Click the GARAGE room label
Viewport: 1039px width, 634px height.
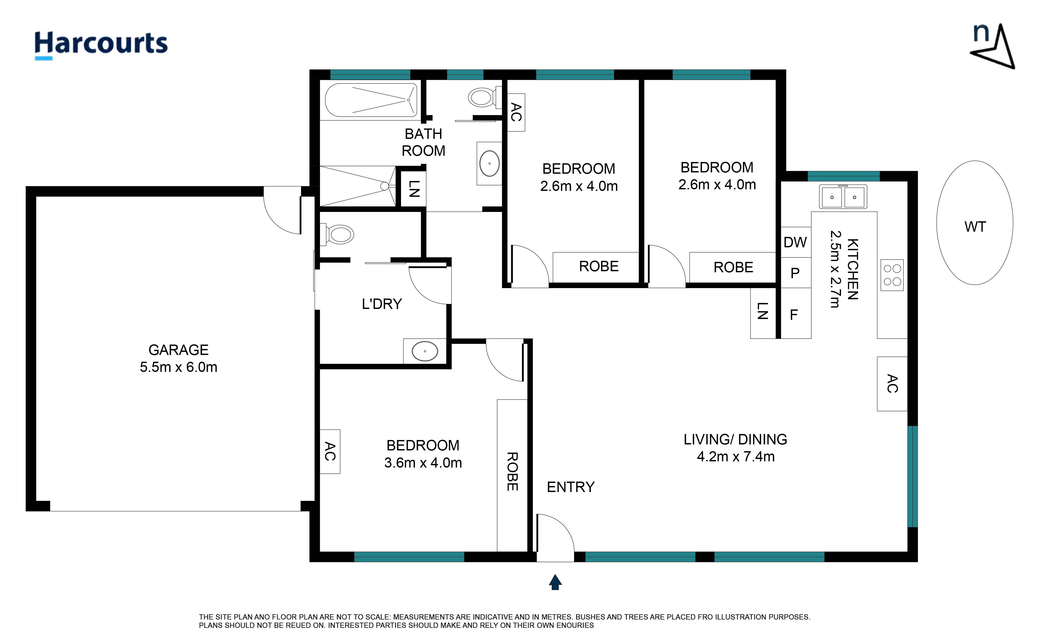[x=178, y=350]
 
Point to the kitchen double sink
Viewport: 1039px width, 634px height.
[x=843, y=197]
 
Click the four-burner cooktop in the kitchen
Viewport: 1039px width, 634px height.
[x=892, y=275]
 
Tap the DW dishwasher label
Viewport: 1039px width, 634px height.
[x=795, y=242]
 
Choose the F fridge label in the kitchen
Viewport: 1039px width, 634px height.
[x=794, y=314]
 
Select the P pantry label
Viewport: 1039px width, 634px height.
[x=795, y=273]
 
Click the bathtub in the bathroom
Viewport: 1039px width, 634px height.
[x=371, y=100]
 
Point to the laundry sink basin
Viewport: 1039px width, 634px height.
[x=425, y=351]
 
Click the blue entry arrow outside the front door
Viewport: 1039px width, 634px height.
[x=555, y=582]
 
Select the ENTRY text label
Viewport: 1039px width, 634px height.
[x=570, y=487]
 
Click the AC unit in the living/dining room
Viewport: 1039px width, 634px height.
[x=892, y=384]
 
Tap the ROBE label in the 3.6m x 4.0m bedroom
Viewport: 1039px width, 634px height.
[x=512, y=471]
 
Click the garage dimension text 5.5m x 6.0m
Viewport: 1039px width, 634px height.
[x=178, y=367]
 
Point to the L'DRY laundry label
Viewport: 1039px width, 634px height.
[x=382, y=304]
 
